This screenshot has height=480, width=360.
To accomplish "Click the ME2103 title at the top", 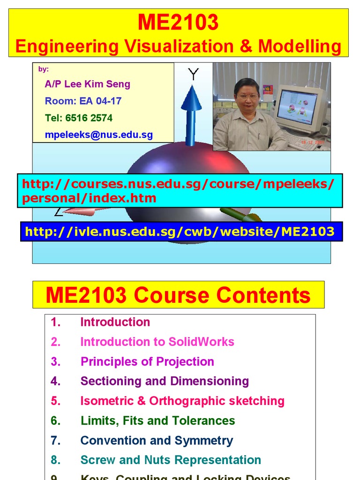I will click(178, 22).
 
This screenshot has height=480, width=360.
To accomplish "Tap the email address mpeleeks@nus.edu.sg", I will click(99, 135).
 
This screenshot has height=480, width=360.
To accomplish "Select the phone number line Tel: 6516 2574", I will click(79, 118).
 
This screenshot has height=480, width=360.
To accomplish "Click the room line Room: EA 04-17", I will click(83, 101).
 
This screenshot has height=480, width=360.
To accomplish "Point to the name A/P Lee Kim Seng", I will click(87, 84).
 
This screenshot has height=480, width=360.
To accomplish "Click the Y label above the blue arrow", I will click(193, 74).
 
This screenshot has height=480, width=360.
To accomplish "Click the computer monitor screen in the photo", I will click(296, 107).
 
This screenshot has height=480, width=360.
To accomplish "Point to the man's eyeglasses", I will click(247, 97).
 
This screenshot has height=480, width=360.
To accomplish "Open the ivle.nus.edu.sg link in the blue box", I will click(180, 231).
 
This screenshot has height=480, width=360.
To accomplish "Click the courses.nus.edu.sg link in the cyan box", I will click(178, 190).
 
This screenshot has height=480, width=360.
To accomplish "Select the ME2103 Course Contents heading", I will click(178, 295).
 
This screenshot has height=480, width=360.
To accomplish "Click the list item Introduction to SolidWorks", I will click(157, 342).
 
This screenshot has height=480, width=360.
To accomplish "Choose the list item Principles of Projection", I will click(147, 361).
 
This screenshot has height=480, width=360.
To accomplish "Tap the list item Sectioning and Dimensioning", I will click(165, 381).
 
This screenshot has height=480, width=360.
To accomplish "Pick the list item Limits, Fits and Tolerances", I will click(157, 420).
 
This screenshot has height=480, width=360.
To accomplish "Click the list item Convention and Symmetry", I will click(157, 440).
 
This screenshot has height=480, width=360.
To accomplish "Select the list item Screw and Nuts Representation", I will click(171, 460).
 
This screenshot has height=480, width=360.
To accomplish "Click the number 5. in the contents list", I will click(56, 401).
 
